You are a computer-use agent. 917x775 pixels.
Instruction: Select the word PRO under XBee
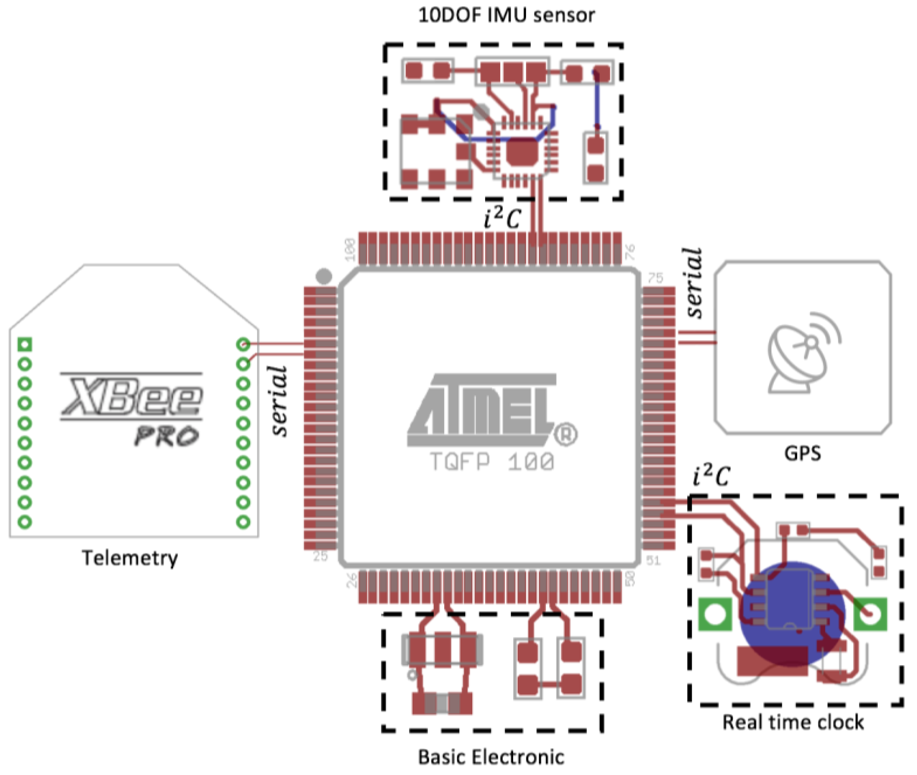[x=167, y=436]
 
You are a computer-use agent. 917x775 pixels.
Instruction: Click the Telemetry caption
[x=130, y=558]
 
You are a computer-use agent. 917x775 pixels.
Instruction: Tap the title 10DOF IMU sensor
[x=506, y=16]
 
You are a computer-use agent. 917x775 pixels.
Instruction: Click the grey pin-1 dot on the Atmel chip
[x=324, y=276]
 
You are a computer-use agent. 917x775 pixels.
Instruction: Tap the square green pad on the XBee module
[x=25, y=344]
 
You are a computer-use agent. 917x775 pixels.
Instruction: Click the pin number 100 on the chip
[x=350, y=249]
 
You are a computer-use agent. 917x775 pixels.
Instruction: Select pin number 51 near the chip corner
[x=653, y=560]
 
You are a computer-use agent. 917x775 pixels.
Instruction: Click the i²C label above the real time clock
[x=711, y=477]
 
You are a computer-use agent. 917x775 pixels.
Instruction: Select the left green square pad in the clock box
[x=715, y=614]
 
